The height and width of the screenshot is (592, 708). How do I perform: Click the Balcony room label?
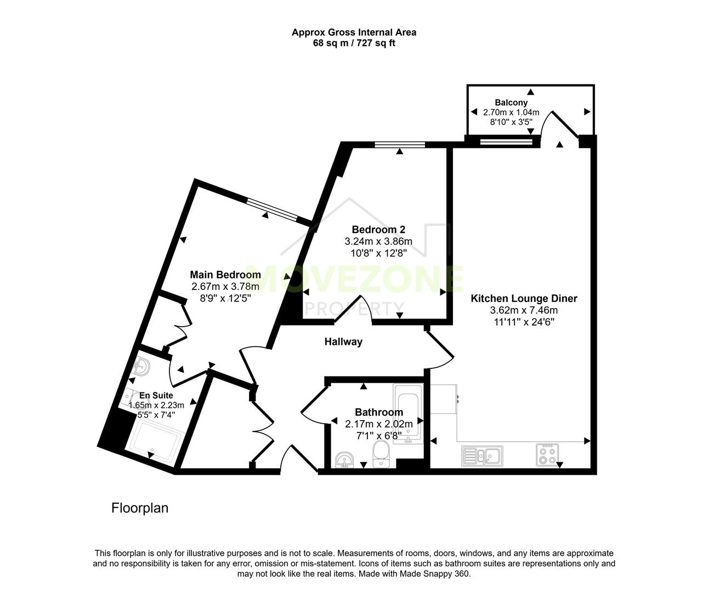(511, 103)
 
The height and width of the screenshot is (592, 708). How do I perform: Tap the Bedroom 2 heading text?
(378, 230)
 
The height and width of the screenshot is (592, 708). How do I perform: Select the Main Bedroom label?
(225, 275)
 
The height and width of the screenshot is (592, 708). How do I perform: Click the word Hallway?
(343, 342)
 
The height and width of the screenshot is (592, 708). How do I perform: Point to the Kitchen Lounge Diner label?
(524, 299)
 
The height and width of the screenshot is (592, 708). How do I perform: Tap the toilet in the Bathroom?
(380, 455)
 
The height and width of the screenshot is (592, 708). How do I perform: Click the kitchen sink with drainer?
(482, 456)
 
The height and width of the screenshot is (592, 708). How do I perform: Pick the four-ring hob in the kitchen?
(547, 454)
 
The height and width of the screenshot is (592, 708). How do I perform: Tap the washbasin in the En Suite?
(141, 366)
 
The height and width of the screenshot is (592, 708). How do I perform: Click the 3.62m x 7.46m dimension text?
(524, 310)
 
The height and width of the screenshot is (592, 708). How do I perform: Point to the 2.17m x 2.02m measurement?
(378, 424)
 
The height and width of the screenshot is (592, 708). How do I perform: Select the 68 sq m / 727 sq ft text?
(354, 43)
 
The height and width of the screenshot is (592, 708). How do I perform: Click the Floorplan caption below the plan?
(139, 508)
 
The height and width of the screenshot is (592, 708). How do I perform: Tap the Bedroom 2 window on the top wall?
(400, 145)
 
